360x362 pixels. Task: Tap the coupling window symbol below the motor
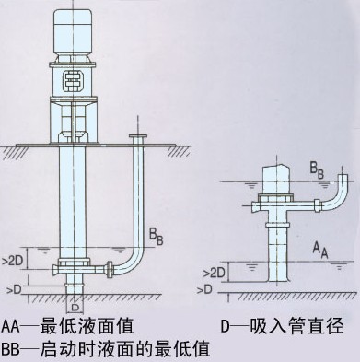(73, 81)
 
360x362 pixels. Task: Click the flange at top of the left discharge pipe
(138, 136)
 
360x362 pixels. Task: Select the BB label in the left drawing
(156, 236)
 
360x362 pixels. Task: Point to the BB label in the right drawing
(317, 170)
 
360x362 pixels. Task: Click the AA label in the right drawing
(320, 250)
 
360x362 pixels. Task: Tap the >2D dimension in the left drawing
(13, 261)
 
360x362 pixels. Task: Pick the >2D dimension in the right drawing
(215, 273)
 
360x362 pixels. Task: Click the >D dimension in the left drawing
(14, 289)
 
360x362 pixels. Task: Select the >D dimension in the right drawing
(203, 289)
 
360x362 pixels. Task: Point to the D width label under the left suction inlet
(75, 307)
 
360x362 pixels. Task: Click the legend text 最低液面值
(87, 326)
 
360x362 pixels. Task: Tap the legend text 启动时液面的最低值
(125, 348)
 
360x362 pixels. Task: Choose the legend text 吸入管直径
(296, 326)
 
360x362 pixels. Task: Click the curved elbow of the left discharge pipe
(131, 263)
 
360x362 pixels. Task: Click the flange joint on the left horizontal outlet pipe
(109, 270)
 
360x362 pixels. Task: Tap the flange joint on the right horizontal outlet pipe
(318, 205)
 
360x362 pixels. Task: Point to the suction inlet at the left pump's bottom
(75, 284)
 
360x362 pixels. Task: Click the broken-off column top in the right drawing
(274, 179)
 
